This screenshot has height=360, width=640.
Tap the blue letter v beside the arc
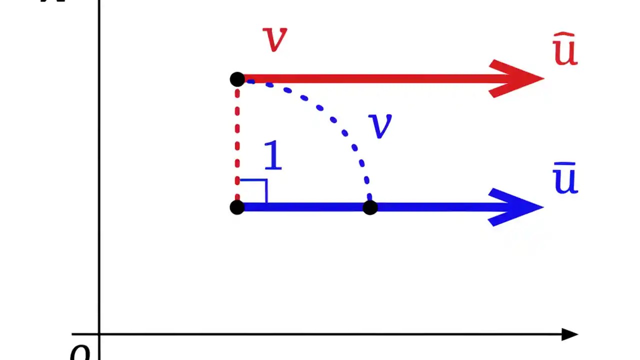pos(380,126)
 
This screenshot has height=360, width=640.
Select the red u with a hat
pos(565,52)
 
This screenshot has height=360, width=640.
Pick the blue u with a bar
pos(565,180)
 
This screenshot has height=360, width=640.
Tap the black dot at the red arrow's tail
pos(237,79)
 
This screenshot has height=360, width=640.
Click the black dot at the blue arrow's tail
pos(237,207)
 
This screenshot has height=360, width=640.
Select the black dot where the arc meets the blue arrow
pos(369,207)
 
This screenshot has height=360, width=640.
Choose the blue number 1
pos(273,156)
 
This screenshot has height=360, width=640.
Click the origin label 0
pos(80,352)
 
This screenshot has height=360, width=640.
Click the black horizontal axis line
pos(325,334)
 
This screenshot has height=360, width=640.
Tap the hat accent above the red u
pos(564,36)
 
